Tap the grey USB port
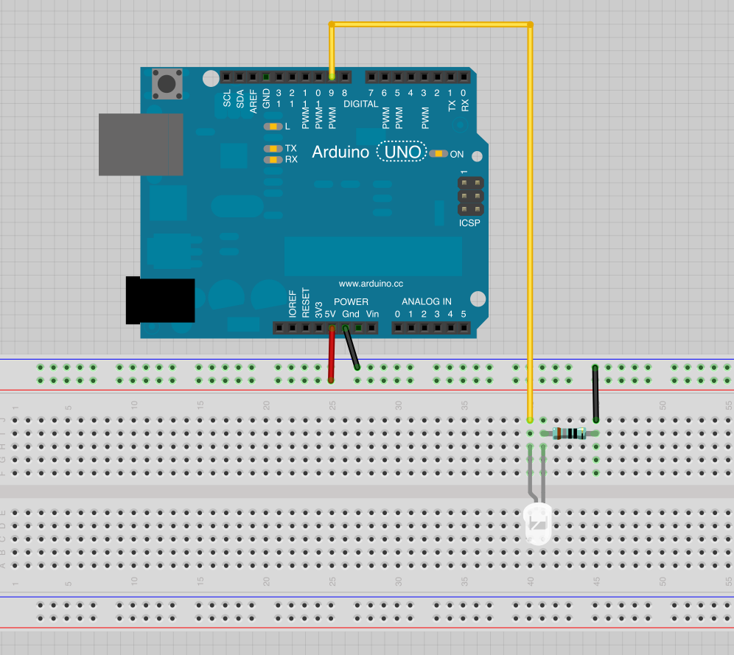coord(141,144)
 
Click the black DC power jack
coord(160,300)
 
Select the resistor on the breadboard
coord(569,433)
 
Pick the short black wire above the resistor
coord(595,393)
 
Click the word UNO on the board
coord(402,153)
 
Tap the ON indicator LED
coord(439,154)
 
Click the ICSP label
coord(469,222)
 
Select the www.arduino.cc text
coord(371,283)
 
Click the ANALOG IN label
coord(426,301)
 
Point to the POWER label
coord(351,301)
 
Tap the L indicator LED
coord(273,127)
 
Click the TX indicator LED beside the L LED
coord(273,148)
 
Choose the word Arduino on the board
coord(340,153)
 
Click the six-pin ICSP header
coord(469,196)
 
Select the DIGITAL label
coord(360,104)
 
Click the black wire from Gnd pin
coord(351,348)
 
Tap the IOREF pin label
coord(293,304)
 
